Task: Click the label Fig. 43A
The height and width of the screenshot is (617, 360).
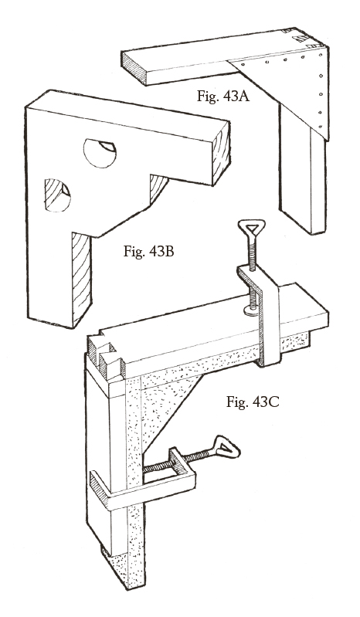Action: tap(223, 96)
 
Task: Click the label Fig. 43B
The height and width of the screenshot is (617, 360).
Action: tap(149, 251)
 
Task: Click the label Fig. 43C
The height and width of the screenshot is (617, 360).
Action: tap(253, 402)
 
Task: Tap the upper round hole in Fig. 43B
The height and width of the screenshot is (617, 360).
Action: tap(100, 154)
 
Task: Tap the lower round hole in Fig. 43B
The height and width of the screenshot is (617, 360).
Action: tap(57, 195)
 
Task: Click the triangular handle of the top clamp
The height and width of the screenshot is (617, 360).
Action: tap(251, 229)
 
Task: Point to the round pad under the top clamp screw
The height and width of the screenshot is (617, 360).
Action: tap(253, 311)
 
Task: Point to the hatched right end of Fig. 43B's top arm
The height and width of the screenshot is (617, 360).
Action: tap(221, 154)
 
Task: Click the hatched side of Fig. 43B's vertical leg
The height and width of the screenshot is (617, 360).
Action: tap(81, 277)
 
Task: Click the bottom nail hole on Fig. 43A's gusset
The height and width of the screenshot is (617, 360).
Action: tap(321, 127)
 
